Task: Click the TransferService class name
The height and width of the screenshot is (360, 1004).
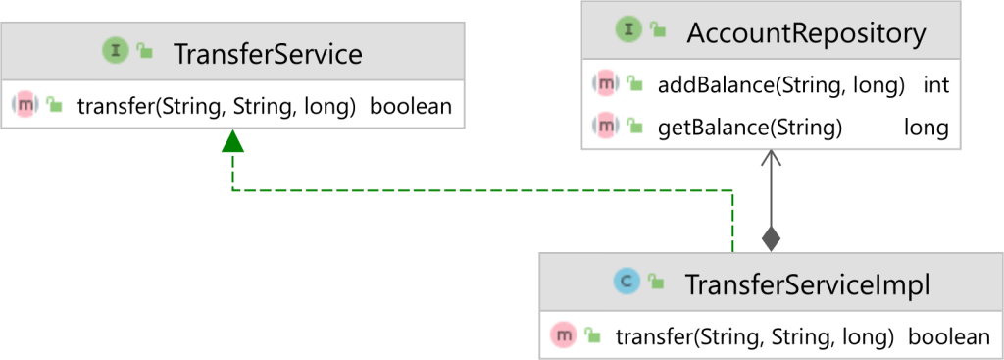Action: click(267, 53)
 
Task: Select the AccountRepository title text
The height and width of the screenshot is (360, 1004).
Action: click(806, 34)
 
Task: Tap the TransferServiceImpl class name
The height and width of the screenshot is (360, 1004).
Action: click(806, 285)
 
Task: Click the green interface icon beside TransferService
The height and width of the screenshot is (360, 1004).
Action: click(117, 52)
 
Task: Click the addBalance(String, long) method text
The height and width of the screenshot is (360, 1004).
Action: click(780, 85)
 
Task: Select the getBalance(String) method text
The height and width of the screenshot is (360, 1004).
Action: click(750, 128)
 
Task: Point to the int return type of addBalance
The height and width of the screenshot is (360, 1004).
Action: click(936, 85)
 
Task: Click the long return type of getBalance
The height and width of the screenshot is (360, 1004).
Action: click(926, 128)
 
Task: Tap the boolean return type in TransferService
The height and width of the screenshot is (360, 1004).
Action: click(411, 105)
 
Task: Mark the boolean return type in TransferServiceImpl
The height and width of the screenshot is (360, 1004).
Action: click(949, 337)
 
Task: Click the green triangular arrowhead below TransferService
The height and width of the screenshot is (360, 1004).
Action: click(232, 142)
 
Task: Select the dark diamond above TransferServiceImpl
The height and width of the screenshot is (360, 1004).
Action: click(771, 238)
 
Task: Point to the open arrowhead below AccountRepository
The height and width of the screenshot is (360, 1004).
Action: click(771, 158)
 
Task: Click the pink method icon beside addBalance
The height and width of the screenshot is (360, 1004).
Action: click(607, 85)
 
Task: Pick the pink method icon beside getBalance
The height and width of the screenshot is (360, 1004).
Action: click(607, 127)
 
